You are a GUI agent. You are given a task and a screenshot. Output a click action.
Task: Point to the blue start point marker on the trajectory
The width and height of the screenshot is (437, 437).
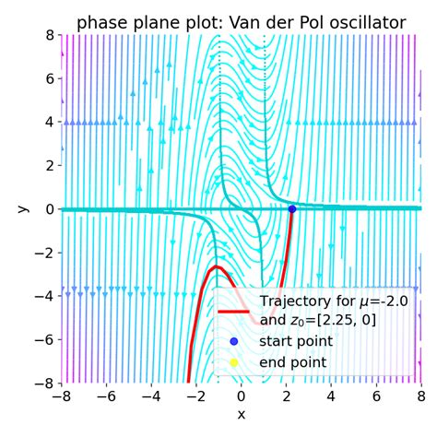pos(292,208)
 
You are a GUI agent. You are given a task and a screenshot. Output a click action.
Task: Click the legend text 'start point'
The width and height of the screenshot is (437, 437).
pos(297,342)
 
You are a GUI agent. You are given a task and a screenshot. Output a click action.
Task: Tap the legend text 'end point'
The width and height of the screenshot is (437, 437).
pos(293,362)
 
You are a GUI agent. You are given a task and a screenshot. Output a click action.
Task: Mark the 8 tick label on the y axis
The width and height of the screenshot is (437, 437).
pos(48,35)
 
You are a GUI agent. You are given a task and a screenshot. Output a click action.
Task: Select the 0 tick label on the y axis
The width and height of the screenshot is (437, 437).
pos(48,209)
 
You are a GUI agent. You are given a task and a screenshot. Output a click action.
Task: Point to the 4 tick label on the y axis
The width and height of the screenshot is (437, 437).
pos(48,122)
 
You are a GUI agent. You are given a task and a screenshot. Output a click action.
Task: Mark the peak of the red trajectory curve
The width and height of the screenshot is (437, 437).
pos(218,267)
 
